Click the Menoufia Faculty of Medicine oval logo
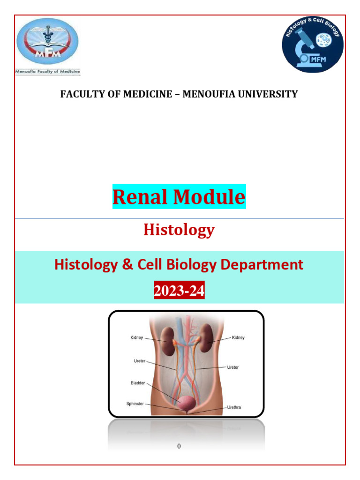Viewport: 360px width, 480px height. point(47,44)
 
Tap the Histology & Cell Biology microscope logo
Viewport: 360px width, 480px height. point(312,46)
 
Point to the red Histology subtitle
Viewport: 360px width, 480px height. point(179,230)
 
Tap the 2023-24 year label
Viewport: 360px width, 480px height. point(179,291)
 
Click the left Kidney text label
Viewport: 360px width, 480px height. point(136,337)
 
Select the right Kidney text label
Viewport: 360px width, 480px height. point(238,337)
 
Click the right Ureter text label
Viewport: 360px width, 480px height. point(232,367)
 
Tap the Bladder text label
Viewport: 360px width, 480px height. point(138,383)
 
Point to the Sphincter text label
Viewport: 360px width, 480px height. point(135,404)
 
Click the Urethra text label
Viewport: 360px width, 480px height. point(235,407)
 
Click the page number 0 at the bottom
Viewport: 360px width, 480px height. point(179,446)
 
